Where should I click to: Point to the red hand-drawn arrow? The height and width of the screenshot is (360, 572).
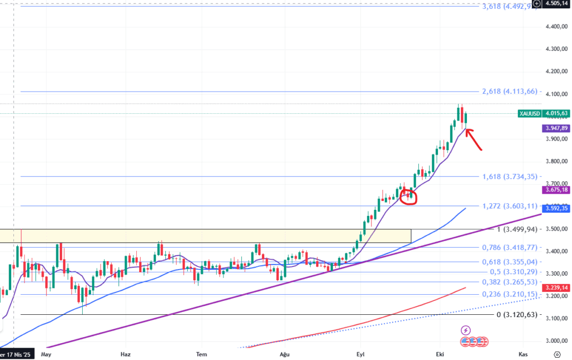474,140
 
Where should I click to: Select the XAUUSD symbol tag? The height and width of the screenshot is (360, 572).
529,113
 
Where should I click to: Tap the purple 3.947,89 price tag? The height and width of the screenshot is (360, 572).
555,128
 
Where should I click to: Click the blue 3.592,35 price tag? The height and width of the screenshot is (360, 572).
555,209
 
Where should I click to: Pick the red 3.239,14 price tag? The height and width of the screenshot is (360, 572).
555,287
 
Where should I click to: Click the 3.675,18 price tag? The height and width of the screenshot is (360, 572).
555,190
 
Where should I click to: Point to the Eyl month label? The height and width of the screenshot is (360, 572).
361,354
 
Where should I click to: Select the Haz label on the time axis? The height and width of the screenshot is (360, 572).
125,354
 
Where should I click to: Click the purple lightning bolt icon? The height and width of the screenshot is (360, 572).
466,330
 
